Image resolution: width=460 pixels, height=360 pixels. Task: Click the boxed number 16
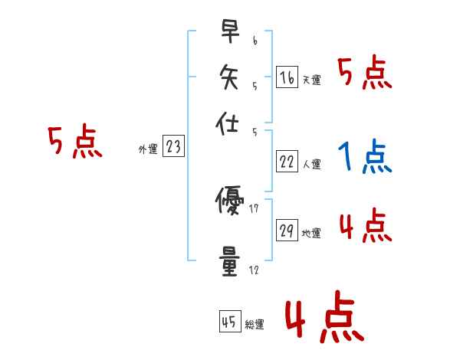pos(287,77)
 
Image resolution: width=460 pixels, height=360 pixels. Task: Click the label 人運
pos(312,164)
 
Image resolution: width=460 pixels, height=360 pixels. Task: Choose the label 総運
pos(255,324)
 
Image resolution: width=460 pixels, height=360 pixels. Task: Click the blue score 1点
pos(364,157)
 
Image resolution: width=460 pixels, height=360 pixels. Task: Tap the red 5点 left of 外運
pos(75,143)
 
